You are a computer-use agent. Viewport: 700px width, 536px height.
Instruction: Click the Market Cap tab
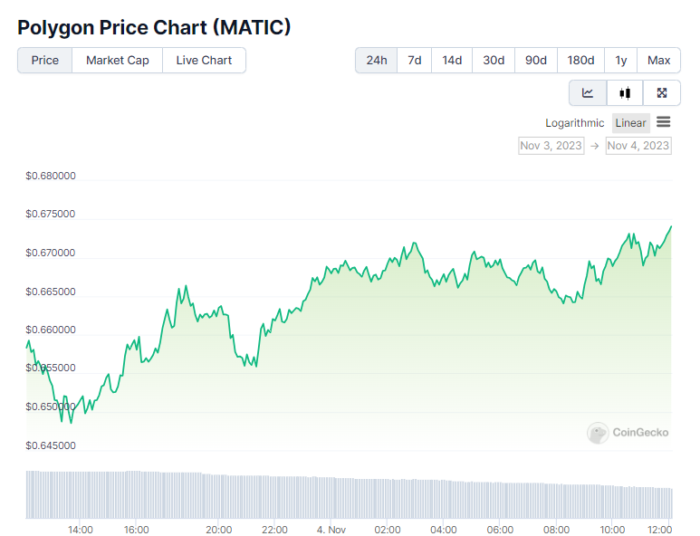[118, 61]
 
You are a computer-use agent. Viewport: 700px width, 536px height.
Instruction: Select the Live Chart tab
[204, 61]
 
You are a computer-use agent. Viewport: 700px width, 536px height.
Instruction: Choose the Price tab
[44, 61]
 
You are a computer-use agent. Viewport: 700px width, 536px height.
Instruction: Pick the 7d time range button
[414, 61]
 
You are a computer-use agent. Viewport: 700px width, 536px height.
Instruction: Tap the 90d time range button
[536, 61]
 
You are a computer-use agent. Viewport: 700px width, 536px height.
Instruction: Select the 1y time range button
[620, 61]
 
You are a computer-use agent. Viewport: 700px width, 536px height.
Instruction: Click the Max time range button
[659, 61]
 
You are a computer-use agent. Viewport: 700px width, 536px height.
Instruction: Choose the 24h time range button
[376, 61]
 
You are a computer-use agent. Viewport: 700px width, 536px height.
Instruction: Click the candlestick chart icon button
[625, 92]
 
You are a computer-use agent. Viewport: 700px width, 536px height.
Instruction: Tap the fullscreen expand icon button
[662, 92]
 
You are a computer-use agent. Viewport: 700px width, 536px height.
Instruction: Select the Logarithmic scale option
[574, 123]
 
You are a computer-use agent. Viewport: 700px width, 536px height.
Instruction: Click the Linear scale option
[630, 123]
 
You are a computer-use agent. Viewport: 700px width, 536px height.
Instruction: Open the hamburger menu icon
[664, 122]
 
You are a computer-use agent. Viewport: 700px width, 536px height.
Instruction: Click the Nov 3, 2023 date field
[551, 145]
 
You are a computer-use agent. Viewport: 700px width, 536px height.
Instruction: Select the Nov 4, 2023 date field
[638, 145]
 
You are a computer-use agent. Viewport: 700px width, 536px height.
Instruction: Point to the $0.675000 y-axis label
[51, 215]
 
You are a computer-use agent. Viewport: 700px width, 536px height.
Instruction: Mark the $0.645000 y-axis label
[51, 445]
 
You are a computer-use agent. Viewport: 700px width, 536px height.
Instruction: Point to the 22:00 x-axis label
[274, 530]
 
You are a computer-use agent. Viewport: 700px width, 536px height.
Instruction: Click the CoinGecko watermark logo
[628, 433]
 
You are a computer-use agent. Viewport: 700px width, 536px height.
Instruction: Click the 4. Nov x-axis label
[331, 530]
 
